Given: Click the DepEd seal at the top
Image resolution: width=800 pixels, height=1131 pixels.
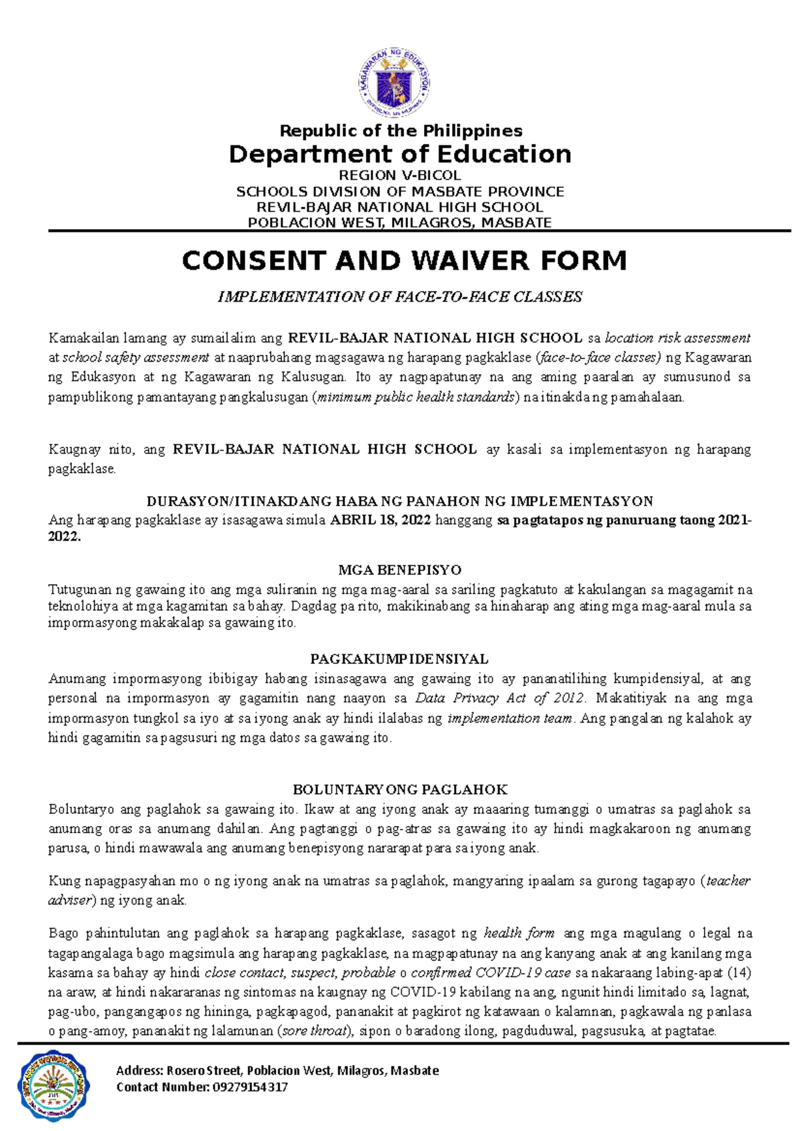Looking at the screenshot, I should click(x=394, y=83).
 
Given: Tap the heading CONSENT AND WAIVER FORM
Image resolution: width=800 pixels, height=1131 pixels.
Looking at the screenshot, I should click(x=404, y=260).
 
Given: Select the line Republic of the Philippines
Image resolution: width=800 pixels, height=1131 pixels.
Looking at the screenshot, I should click(x=401, y=131).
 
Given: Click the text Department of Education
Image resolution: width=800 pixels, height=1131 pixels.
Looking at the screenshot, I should click(x=400, y=154).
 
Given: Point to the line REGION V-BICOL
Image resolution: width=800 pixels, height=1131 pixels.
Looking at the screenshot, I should click(x=400, y=176).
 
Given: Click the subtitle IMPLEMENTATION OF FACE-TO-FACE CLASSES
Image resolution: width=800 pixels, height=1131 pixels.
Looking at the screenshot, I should click(x=400, y=297).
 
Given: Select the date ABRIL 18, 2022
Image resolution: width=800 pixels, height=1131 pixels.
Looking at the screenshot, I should click(x=381, y=520).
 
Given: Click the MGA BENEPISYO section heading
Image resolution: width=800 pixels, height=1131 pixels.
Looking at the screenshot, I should click(x=400, y=570).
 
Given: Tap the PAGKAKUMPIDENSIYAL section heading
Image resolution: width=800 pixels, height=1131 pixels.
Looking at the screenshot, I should click(x=399, y=659).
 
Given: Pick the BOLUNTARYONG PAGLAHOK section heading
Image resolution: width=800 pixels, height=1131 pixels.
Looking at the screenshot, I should click(x=400, y=790).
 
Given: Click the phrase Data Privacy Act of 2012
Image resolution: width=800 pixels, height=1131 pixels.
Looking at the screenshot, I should click(x=500, y=699).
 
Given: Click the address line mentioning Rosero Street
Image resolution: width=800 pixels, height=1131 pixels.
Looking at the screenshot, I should click(x=277, y=1070).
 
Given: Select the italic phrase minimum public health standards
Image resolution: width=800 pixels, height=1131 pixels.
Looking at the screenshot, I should click(x=416, y=398).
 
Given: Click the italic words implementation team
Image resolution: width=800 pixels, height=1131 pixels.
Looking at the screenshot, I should click(x=510, y=719).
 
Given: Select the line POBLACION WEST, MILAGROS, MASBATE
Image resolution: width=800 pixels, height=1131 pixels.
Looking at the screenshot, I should click(x=400, y=222).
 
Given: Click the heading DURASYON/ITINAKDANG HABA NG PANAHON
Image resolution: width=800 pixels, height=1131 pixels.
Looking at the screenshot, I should click(x=400, y=502).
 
